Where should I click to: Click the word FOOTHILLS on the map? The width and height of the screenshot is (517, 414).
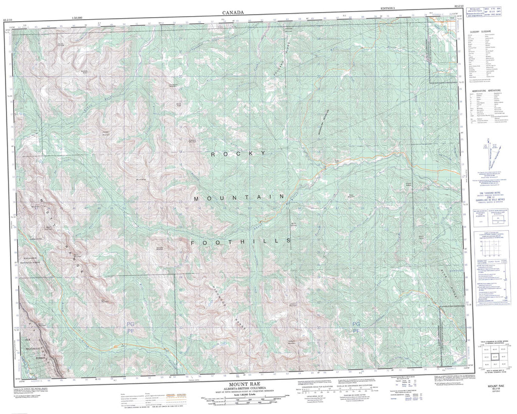coord(241,242)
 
